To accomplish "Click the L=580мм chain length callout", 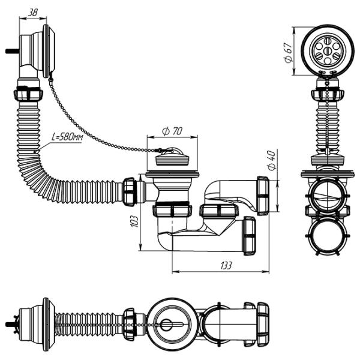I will point(67,137).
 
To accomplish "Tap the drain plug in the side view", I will point(172,159).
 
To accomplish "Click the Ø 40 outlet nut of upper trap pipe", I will point(262,195).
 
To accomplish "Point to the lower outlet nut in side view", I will point(248,235).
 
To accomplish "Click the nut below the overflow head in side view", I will point(28,95).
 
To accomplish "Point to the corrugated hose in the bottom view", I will point(90,323).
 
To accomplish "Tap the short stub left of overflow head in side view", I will point(11,50).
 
